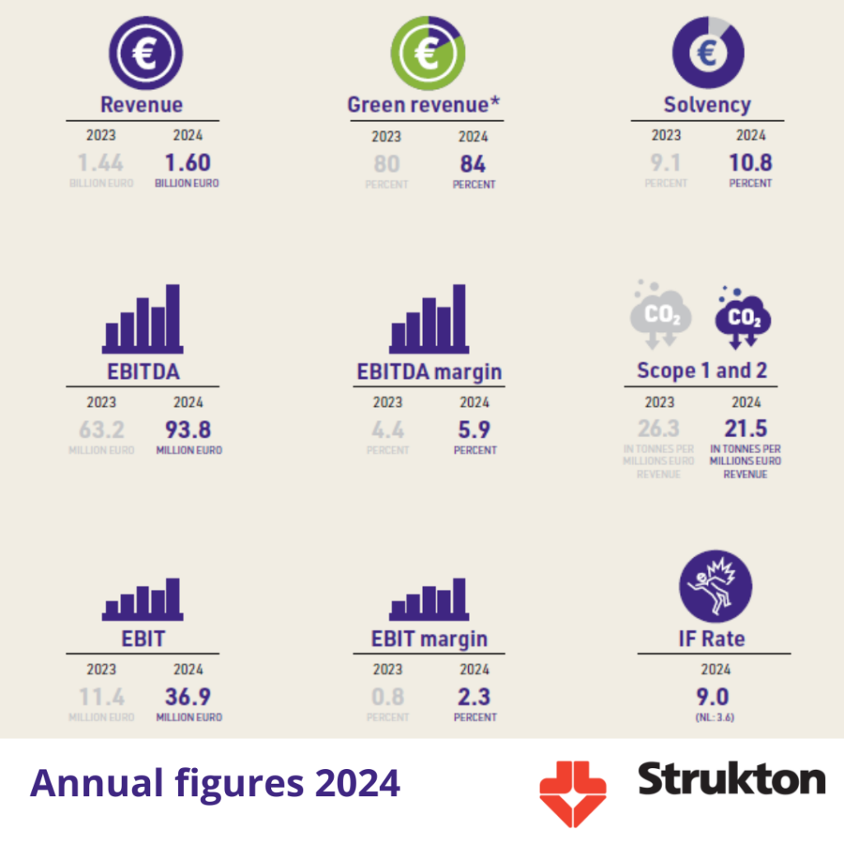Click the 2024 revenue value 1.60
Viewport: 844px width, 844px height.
tap(187, 162)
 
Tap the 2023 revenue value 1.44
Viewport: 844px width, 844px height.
tap(101, 162)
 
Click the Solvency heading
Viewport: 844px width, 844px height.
tap(707, 105)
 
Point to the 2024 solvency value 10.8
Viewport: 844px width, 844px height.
tap(750, 162)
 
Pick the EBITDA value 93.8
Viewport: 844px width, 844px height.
tap(188, 429)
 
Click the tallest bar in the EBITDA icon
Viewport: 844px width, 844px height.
tap(172, 316)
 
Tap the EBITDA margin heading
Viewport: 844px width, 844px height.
tap(429, 372)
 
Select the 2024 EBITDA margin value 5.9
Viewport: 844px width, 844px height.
tap(473, 429)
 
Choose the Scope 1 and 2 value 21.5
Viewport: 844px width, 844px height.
tap(746, 429)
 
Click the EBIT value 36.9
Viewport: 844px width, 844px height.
tap(188, 696)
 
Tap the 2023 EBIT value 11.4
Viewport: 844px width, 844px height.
tap(101, 696)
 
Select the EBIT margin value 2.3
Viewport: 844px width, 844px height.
tap(474, 696)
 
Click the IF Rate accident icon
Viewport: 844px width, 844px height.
tap(715, 586)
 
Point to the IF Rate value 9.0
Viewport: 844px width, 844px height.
tap(713, 696)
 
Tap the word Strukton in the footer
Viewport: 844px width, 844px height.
tap(731, 779)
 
